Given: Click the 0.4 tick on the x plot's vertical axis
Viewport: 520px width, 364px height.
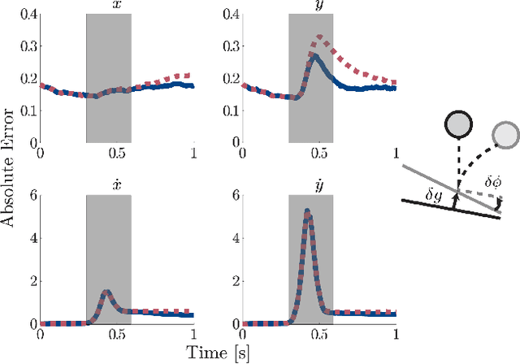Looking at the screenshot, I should coord(26,15).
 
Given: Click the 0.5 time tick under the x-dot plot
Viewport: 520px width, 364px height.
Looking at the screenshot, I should coord(117,335).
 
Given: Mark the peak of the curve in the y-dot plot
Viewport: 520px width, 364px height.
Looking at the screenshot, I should coord(306,210).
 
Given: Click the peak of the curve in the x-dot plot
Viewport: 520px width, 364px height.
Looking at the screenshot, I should coord(106,291).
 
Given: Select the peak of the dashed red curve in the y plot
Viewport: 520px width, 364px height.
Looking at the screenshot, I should coord(320,37).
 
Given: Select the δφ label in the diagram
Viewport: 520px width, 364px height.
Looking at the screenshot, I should coord(492,184).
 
